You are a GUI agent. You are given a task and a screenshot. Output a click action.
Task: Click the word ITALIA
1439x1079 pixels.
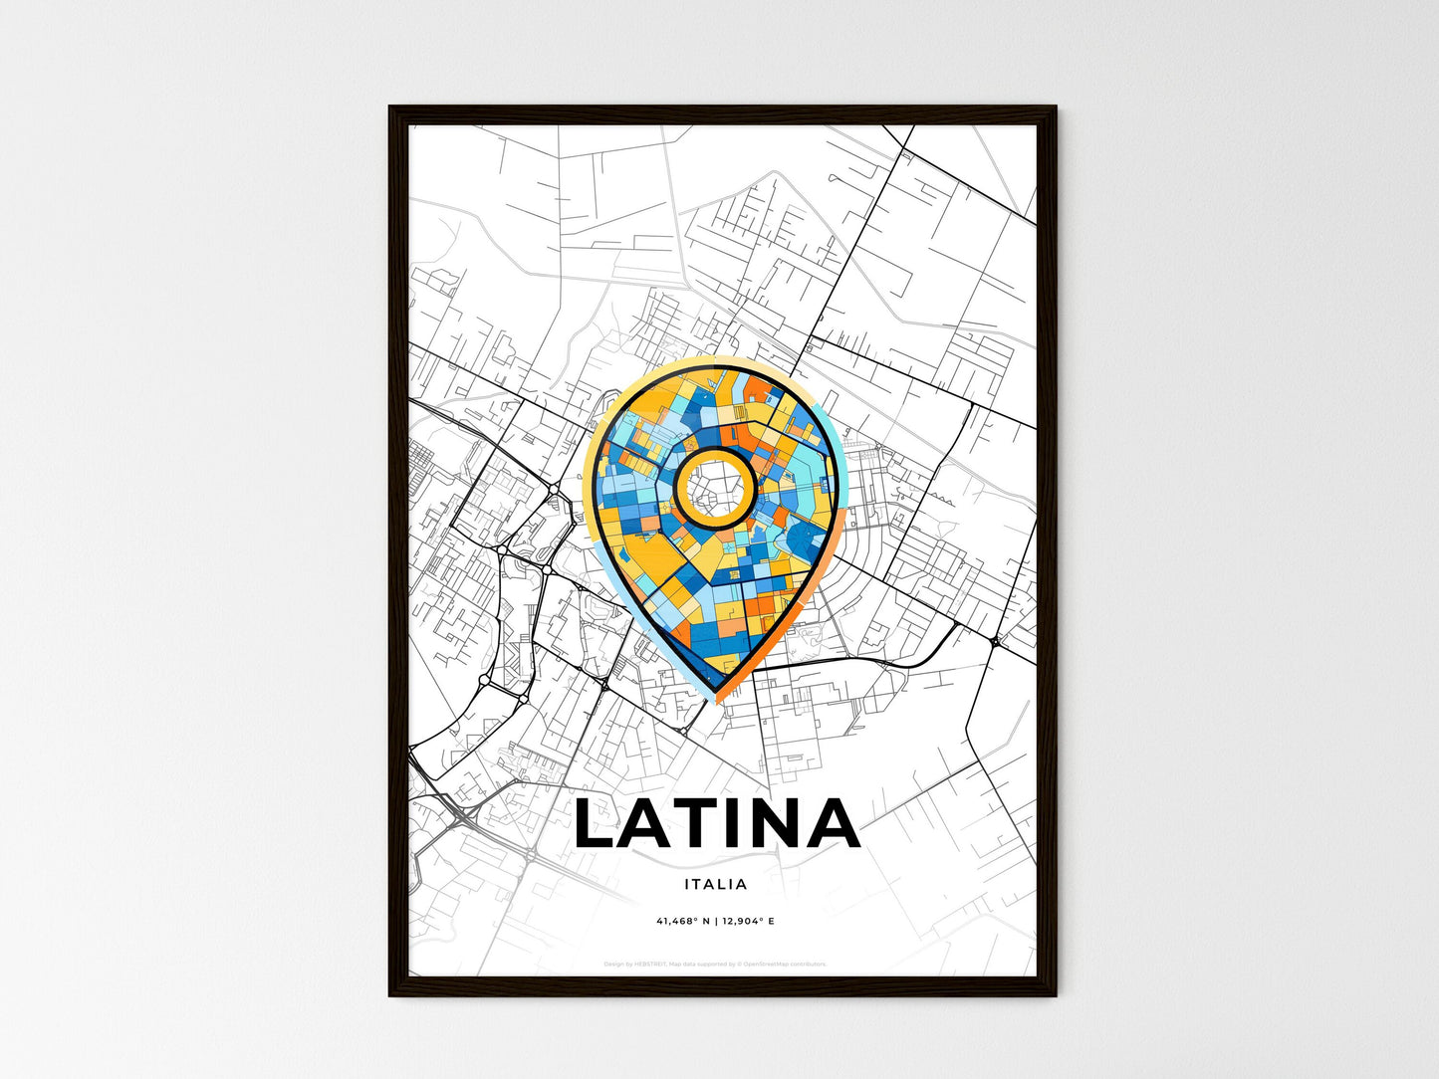click(716, 884)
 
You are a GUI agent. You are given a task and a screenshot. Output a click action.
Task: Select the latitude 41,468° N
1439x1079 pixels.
click(682, 922)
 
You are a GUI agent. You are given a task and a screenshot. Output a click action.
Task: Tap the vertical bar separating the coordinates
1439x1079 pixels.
click(715, 922)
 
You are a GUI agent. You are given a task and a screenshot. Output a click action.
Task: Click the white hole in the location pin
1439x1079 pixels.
click(713, 485)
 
